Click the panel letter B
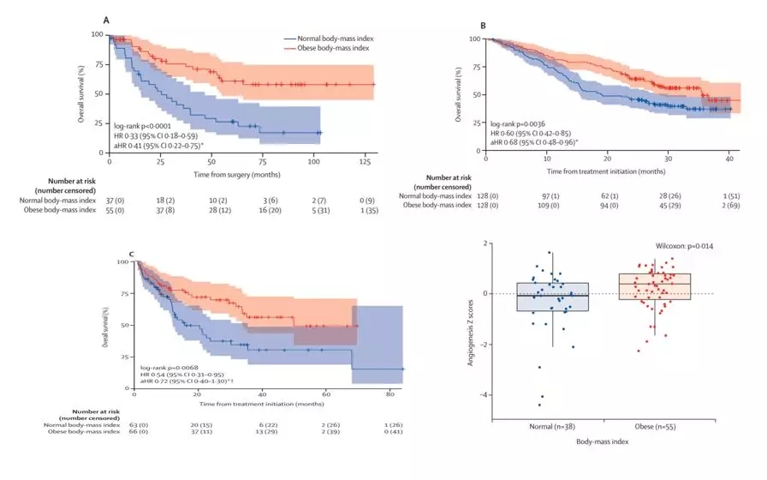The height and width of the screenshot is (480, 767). (x=483, y=27)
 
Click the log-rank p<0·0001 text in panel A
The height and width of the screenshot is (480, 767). (x=141, y=126)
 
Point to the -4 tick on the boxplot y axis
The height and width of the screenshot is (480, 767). (x=488, y=395)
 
